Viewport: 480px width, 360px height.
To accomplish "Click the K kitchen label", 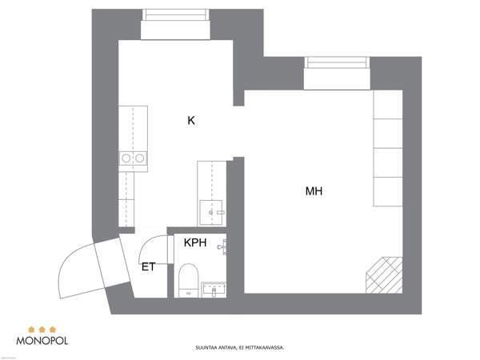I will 191,121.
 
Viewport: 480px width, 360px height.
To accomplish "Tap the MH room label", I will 314,191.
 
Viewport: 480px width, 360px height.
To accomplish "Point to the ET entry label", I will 148,266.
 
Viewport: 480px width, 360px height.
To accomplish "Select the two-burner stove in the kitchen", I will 133,159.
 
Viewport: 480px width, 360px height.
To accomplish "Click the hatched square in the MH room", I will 384,274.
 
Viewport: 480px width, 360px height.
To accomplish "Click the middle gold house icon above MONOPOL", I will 42,327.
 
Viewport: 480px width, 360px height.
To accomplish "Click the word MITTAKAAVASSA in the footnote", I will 264,348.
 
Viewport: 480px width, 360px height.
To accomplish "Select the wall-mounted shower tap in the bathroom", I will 222,248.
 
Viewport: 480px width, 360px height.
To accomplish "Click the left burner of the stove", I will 126,159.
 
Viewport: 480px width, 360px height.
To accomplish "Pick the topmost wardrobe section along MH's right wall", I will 388,105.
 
